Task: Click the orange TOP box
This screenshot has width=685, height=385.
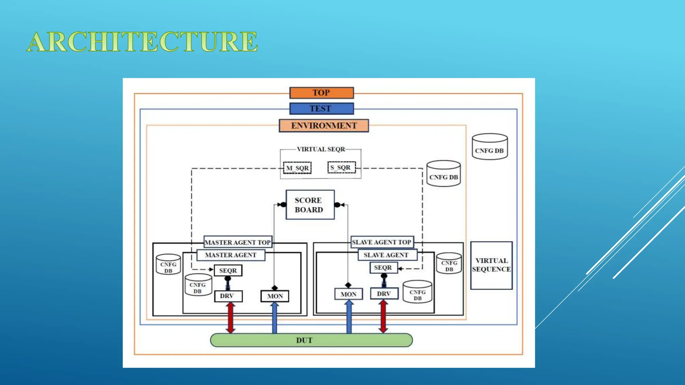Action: click(321, 93)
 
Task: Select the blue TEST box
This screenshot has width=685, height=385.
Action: click(321, 109)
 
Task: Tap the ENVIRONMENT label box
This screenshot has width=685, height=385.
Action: click(324, 126)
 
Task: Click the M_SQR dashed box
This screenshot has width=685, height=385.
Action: click(297, 168)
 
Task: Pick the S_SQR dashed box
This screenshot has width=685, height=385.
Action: click(341, 167)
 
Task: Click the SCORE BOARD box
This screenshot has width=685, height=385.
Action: click(310, 205)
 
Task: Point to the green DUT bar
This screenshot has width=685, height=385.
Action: click(311, 340)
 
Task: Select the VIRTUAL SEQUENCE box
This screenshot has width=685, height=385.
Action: click(491, 265)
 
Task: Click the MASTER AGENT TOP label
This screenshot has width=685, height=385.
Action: click(237, 242)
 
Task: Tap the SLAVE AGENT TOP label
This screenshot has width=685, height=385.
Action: click(382, 242)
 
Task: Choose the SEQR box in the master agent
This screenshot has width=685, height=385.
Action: click(228, 271)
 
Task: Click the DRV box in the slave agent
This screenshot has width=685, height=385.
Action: click(384, 294)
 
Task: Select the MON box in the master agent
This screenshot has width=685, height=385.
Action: click(275, 296)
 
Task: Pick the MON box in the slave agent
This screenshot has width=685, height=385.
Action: click(349, 294)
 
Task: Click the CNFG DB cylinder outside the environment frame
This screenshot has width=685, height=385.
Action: click(490, 147)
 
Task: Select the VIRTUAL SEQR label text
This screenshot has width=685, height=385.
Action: click(321, 149)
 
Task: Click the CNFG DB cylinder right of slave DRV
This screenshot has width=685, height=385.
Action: click(417, 292)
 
